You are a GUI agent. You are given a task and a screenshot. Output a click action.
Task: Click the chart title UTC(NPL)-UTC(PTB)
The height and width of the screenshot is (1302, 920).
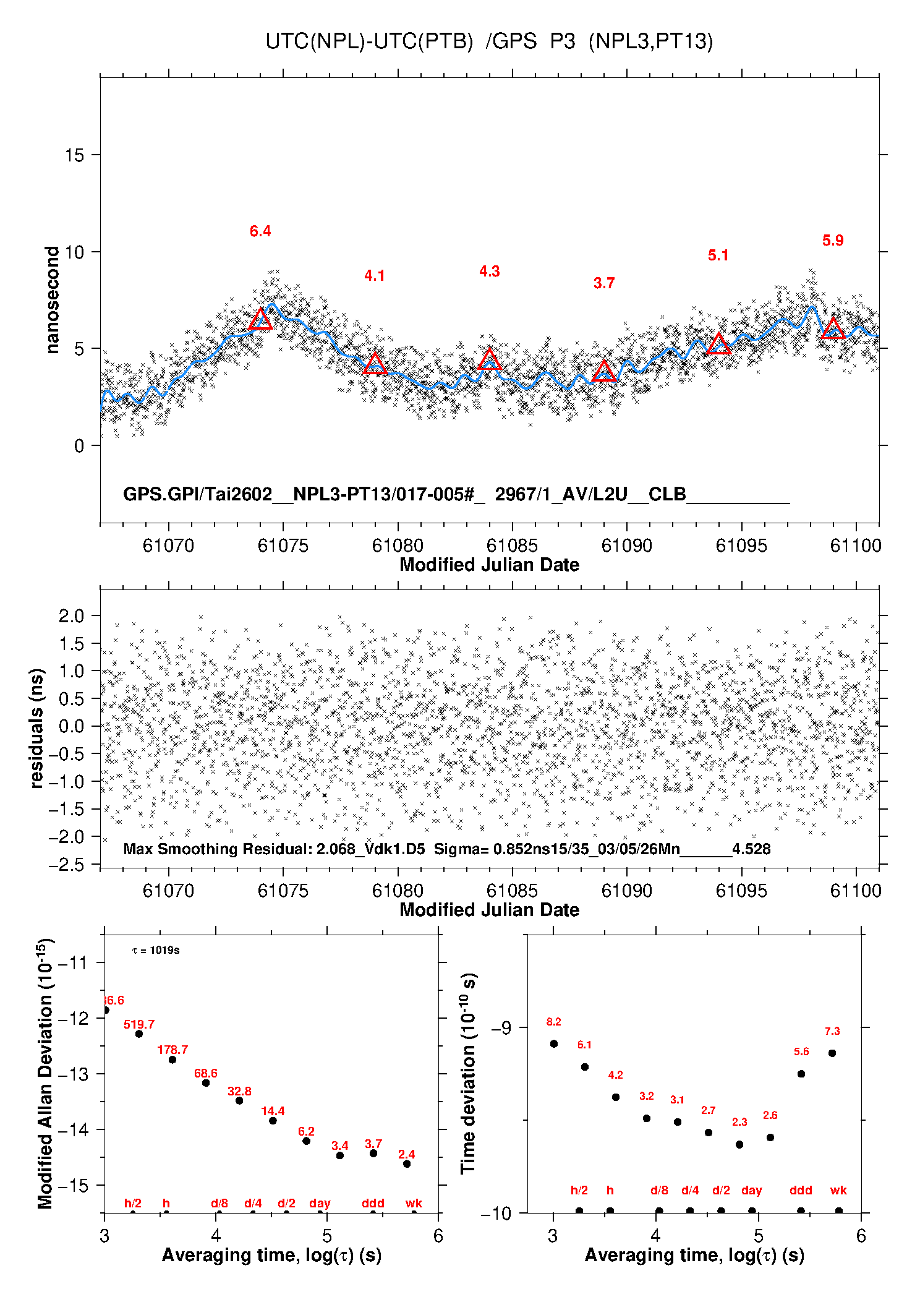click(369, 41)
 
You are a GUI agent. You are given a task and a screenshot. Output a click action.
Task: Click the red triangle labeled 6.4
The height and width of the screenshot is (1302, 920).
click(260, 319)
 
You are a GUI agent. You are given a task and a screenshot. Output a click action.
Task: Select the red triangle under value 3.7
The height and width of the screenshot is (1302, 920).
click(604, 371)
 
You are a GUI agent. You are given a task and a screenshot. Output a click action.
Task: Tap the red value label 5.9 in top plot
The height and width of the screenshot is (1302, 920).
click(833, 241)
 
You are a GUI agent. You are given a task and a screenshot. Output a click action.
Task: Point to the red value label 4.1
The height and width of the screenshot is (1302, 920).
click(375, 276)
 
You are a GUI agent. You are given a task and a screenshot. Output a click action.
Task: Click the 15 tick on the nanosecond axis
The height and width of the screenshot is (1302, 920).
click(74, 155)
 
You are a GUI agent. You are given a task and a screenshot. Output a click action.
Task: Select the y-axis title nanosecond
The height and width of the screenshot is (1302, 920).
click(53, 300)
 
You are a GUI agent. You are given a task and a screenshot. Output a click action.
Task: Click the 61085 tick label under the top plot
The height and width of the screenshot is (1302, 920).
click(512, 546)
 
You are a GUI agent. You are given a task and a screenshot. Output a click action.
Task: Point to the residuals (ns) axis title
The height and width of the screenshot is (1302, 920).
click(37, 728)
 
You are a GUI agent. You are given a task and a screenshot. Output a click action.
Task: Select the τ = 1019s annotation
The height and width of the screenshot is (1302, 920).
click(156, 950)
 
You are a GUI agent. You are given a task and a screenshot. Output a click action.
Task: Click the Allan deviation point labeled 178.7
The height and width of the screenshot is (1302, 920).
click(172, 1060)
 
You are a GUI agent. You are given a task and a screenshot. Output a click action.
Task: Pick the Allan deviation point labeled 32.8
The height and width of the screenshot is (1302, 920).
click(239, 1100)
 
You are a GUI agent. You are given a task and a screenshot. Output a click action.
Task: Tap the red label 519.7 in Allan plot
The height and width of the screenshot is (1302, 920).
click(139, 1024)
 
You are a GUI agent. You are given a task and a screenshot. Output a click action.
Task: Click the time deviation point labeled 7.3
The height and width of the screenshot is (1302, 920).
click(832, 1053)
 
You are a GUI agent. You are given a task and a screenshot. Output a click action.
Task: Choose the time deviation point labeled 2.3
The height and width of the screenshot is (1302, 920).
click(739, 1144)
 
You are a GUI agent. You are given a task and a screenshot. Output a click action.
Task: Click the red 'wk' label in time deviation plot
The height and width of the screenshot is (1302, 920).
click(838, 1190)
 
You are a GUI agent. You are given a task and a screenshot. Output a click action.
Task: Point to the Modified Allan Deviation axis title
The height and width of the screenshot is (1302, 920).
click(45, 1074)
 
